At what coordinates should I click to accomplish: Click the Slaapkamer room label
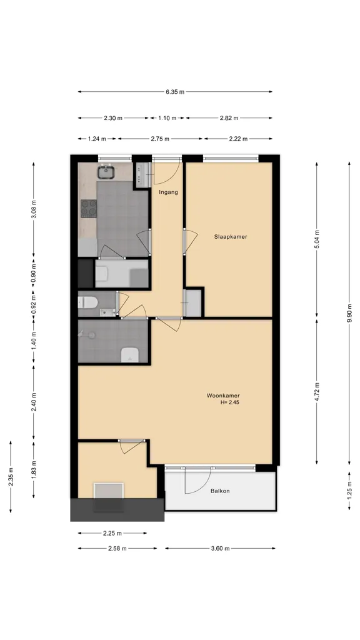tap(231, 237)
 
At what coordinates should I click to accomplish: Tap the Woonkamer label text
tap(223, 396)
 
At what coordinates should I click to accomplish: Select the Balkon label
tap(220, 491)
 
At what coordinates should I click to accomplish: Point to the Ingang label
tap(169, 192)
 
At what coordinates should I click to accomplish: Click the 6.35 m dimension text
tap(175, 92)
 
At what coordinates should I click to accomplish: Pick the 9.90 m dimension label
tap(349, 313)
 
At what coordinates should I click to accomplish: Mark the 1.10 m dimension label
tap(167, 118)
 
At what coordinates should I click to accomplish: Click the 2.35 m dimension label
tap(11, 477)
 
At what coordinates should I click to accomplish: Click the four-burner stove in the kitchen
tap(89, 208)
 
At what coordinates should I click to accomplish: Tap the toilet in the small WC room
tap(87, 302)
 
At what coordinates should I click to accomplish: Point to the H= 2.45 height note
tap(230, 402)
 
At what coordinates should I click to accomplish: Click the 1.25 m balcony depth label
tap(349, 491)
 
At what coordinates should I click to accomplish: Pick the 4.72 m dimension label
tap(317, 392)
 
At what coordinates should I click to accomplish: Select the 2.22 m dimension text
tap(238, 139)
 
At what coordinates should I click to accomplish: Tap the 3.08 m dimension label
tap(34, 209)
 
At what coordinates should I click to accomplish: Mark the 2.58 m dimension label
tap(117, 549)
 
